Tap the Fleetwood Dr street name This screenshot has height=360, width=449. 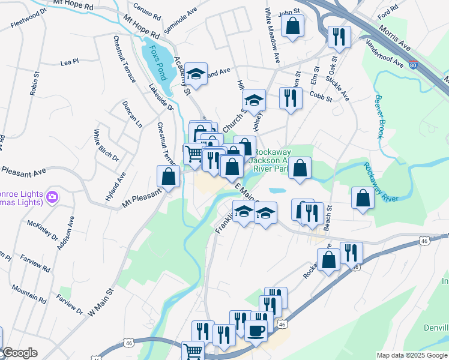tap(28, 23)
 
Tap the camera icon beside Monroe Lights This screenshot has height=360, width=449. tap(52, 196)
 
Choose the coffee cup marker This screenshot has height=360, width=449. tap(256, 331)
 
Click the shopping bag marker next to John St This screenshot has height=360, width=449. tap(292, 26)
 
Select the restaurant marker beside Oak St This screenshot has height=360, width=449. tap(339, 37)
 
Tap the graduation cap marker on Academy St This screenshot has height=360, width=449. tap(196, 74)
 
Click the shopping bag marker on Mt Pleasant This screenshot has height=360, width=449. tap(169, 176)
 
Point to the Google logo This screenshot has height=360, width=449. tap(20, 353)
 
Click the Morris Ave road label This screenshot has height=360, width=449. tap(396, 37)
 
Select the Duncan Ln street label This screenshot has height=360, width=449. tap(132, 113)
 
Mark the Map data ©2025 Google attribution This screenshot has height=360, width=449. tap(412, 355)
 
